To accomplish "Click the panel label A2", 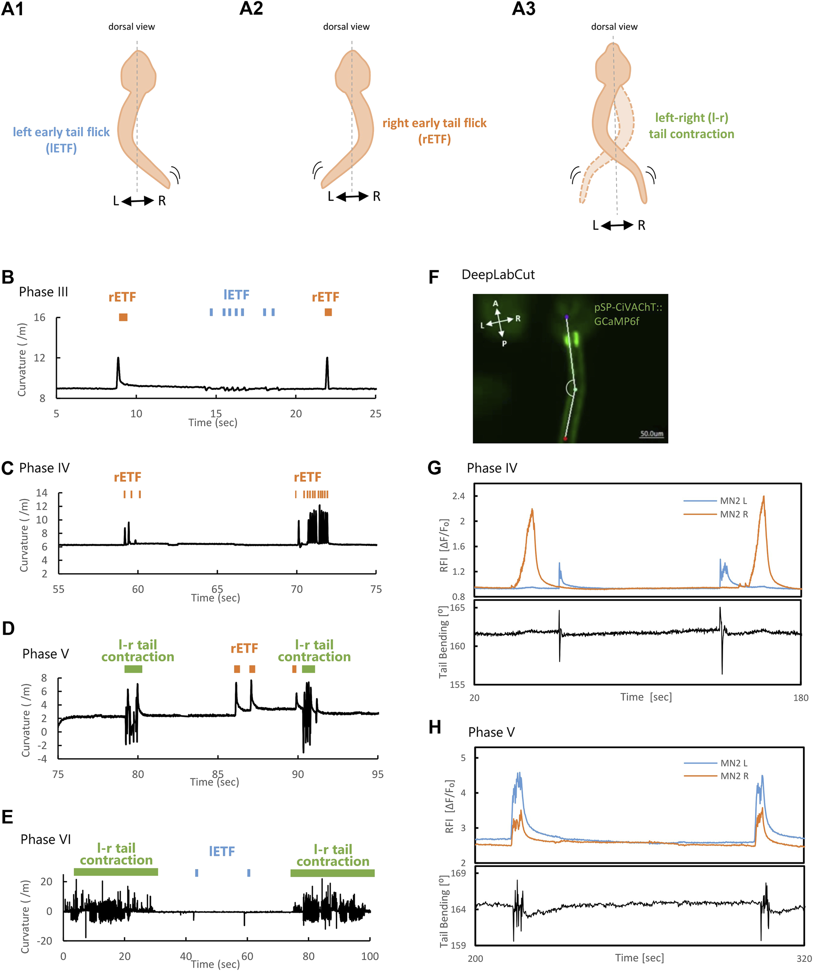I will point(251,9).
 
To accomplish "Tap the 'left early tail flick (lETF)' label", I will point(61,139).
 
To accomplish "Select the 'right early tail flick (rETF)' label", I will point(434,131).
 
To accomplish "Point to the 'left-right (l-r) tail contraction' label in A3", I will point(691,126).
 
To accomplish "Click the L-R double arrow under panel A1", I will point(137,201).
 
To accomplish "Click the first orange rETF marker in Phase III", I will point(123,317).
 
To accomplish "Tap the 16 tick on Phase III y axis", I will point(40,317).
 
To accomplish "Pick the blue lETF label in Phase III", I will point(236,294).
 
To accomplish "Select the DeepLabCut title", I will point(498,275).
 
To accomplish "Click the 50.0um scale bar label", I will point(652,434).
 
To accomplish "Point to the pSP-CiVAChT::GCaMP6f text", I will point(628,314).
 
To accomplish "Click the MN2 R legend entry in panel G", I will point(734,514).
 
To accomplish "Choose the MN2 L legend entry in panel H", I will point(734,763).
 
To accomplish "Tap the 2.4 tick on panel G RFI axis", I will point(458,496).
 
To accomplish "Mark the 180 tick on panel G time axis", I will point(801,698).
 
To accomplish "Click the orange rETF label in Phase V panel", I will point(244,648).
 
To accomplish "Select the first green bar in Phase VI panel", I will point(116,872).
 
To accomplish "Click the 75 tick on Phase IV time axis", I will point(376,589).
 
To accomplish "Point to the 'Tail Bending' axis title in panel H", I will point(444,911).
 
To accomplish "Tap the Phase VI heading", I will point(46,839).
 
